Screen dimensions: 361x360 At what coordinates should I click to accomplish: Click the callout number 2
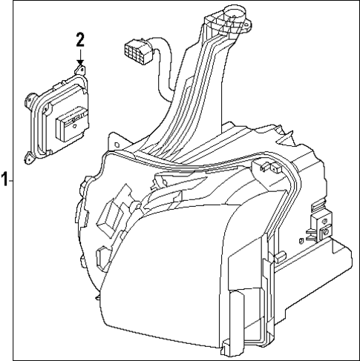pos(80,40)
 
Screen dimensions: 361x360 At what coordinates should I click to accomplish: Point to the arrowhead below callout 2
pos(80,65)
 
